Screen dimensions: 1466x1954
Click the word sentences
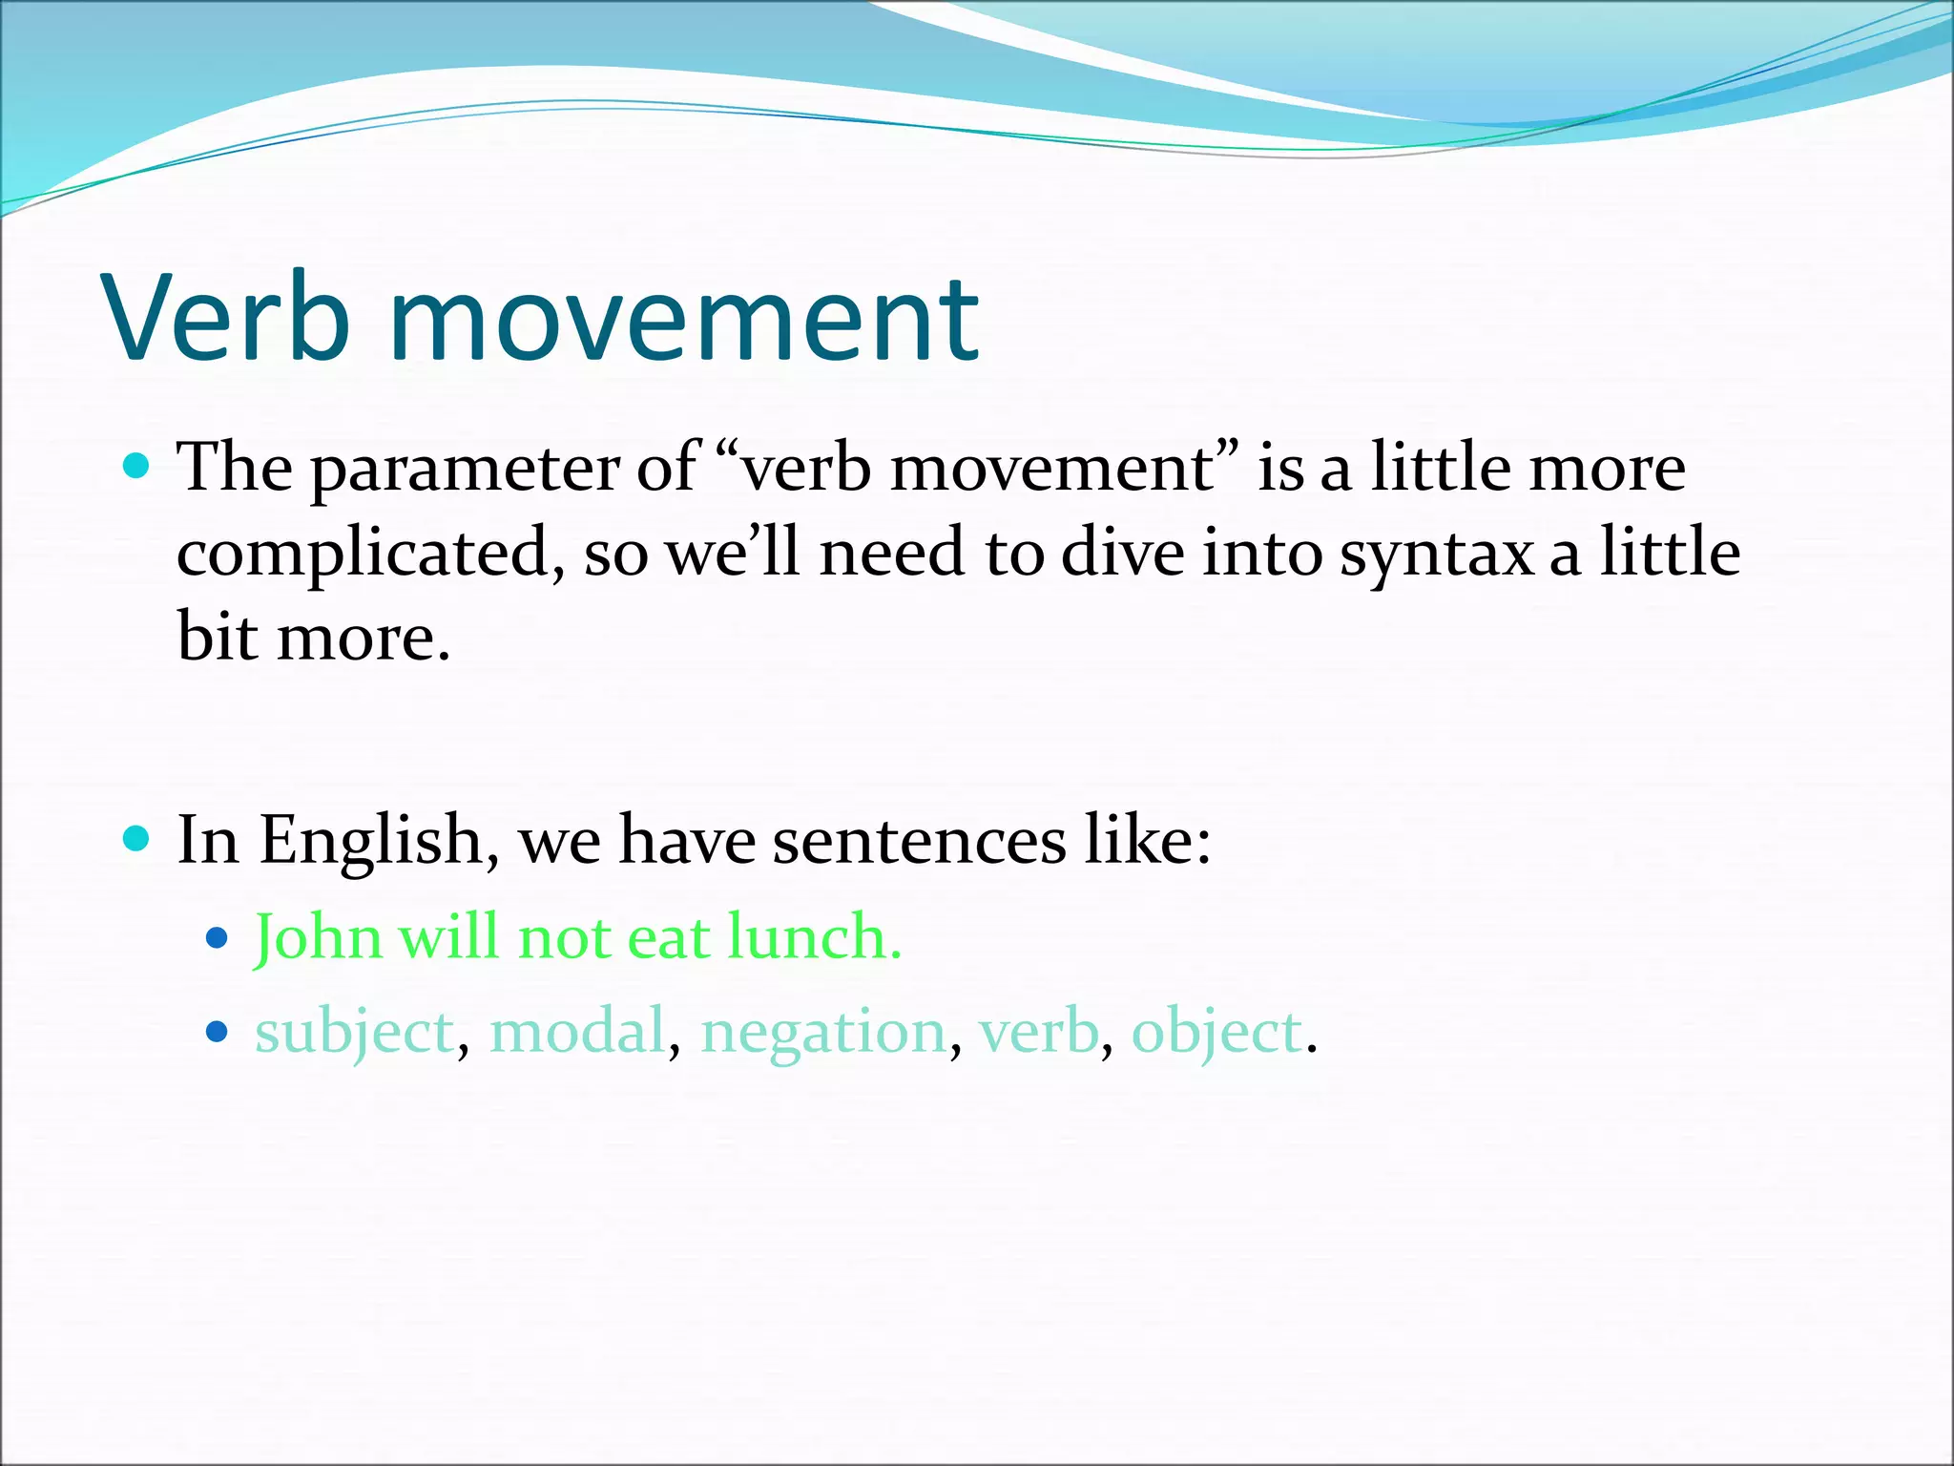point(918,842)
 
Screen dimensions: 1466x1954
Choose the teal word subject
point(354,1033)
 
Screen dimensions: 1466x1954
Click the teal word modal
point(577,1033)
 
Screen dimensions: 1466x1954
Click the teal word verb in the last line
point(1038,1033)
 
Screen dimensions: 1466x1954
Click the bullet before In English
point(137,839)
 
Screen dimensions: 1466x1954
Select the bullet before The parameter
point(137,467)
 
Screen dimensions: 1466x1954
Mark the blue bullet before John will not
point(218,937)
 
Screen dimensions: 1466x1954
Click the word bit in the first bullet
point(217,638)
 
